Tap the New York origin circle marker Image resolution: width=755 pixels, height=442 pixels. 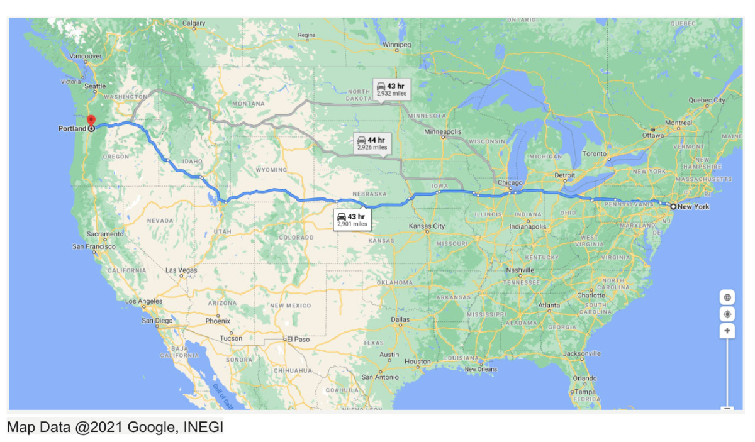673,207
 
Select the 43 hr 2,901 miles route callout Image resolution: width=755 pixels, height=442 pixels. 352,219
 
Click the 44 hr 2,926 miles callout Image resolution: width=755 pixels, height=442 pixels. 371,143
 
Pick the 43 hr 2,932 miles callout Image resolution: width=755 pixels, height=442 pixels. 391,89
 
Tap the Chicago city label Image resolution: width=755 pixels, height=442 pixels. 511,183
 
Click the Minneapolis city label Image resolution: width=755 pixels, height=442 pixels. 443,132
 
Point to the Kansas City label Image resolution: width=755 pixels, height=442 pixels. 427,226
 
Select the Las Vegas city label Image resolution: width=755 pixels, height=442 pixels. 181,270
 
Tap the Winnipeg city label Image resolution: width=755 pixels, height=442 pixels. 397,45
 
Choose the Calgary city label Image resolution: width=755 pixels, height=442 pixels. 194,24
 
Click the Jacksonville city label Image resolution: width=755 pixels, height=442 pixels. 582,354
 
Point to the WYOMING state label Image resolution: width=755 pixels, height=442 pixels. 271,170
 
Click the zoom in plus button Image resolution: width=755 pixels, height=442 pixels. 727,331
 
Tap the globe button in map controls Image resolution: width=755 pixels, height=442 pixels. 727,297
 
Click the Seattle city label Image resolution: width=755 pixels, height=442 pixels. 96,86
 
